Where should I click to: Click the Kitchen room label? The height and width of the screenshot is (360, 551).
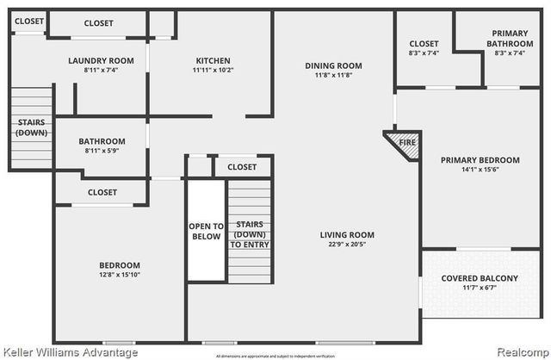211,60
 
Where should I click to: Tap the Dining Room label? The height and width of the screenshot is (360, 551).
333,66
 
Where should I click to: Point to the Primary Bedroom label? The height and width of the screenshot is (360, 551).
480,160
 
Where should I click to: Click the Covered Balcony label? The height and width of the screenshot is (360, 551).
480,278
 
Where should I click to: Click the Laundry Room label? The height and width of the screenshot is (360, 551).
102,60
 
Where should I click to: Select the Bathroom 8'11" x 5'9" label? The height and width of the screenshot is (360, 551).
102,142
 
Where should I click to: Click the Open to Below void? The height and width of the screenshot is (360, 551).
205,231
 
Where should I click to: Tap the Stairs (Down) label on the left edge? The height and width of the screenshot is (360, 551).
31,127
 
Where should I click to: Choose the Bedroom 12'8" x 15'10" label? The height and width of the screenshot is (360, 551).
119,265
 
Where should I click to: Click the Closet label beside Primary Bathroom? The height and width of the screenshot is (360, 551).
424,44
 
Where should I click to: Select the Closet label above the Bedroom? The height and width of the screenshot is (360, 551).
102,192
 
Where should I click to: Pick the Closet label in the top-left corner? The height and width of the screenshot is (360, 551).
28,21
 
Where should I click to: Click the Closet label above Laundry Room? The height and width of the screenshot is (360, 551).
97,23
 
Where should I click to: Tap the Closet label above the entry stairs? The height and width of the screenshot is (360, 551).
242,167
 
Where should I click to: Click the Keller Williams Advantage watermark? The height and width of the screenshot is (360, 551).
71,353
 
